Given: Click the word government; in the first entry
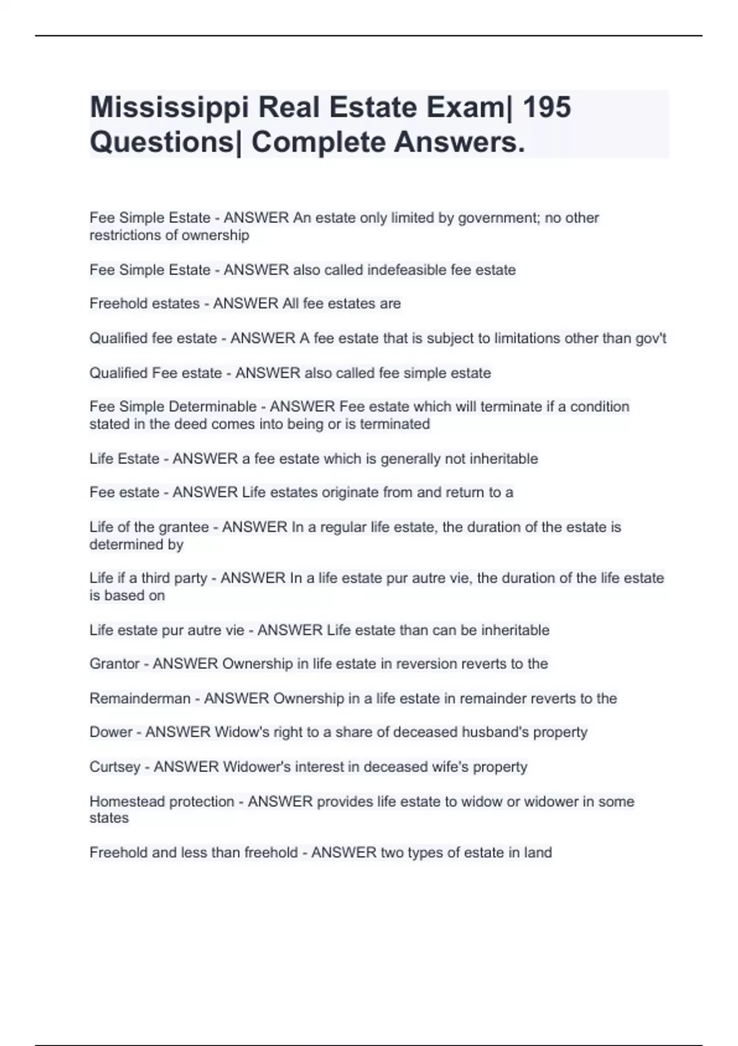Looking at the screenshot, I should click(x=496, y=218).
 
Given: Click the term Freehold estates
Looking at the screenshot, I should click(x=145, y=304).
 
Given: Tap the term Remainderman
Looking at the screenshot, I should click(x=140, y=699).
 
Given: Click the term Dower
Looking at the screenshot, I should click(x=111, y=732).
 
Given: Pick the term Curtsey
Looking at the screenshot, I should click(x=114, y=767).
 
